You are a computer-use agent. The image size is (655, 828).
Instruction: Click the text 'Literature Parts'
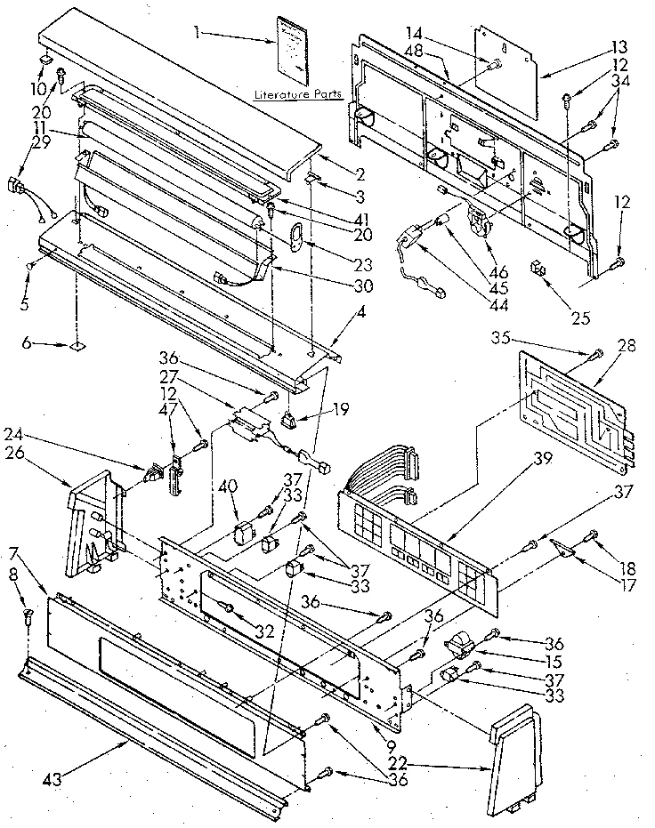click(292, 92)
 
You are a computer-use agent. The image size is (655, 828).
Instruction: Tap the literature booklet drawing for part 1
click(292, 48)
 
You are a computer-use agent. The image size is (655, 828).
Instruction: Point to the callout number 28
click(627, 345)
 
